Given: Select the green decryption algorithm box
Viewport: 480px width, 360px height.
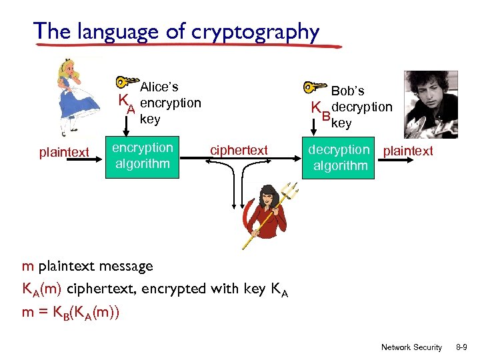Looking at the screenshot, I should (x=339, y=157).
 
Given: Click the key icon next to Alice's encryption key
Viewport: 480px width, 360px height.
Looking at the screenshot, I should (x=126, y=83).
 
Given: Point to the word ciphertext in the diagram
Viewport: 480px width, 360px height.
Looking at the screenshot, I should (x=239, y=151).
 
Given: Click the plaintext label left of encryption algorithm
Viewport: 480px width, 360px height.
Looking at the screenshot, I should (x=64, y=153).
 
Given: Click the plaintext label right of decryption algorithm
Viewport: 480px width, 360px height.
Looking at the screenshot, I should (x=407, y=151).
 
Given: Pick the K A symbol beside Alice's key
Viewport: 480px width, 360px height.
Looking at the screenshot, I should (x=126, y=103).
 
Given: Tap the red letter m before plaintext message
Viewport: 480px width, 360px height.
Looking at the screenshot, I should (x=27, y=267).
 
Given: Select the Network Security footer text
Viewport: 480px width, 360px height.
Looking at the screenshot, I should (x=411, y=347).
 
